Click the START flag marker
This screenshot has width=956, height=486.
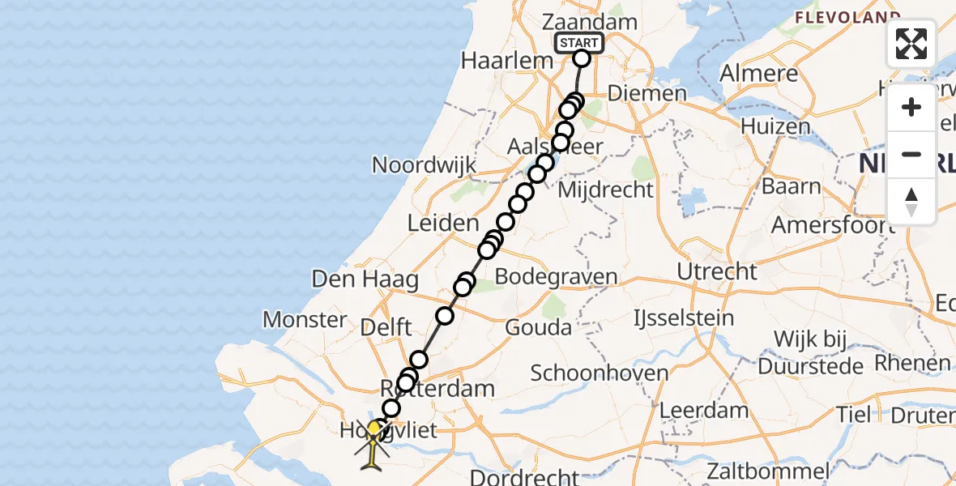[x=578, y=44]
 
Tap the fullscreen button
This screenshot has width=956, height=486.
[x=911, y=44]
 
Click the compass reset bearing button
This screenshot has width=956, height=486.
[x=911, y=202]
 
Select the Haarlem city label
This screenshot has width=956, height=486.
[x=495, y=60]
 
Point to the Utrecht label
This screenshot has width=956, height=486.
[x=718, y=271]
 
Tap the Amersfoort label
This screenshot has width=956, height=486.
[x=833, y=224]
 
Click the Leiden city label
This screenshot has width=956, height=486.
[x=444, y=223]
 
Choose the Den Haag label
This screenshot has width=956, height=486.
[x=365, y=281]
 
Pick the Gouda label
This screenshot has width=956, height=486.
[x=538, y=327]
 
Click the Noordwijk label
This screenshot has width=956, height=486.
[x=424, y=164]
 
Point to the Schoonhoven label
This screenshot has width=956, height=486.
[x=600, y=373]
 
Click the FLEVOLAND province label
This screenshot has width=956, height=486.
[x=847, y=16]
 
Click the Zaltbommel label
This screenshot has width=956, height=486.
[x=767, y=471]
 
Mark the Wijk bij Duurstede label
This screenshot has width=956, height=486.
[x=818, y=352]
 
